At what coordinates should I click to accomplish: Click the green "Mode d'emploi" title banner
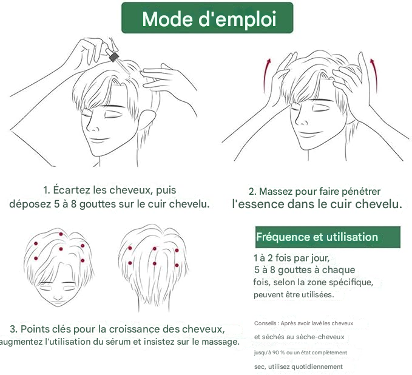click(x=208, y=18)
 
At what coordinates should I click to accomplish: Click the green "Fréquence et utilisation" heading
click(x=317, y=237)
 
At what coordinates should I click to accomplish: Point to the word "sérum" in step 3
click(x=130, y=342)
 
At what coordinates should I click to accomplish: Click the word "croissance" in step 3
click(x=116, y=329)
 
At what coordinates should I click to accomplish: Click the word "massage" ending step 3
click(x=221, y=342)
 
